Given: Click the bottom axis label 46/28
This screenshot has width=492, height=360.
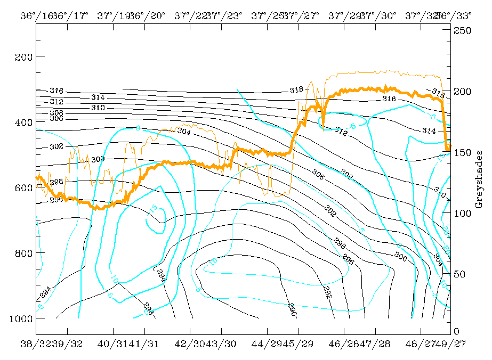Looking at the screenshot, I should click(x=344, y=344).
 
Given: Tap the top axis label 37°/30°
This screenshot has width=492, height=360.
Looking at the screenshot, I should click(x=378, y=15).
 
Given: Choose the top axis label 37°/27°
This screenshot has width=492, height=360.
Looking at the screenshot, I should click(x=302, y=15).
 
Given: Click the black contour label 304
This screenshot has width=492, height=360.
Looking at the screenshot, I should click(x=184, y=131).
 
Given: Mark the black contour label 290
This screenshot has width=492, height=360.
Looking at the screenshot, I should click(x=292, y=308).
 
